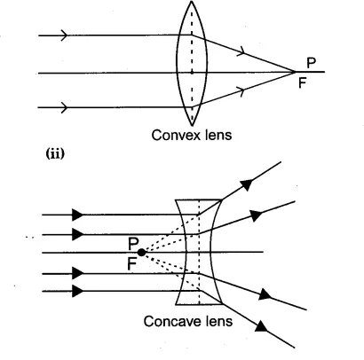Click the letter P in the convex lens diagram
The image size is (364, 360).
click(x=311, y=63)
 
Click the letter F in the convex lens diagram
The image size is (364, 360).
click(x=302, y=83)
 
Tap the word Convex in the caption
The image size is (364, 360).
click(x=173, y=135)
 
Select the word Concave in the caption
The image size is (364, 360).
click(x=170, y=321)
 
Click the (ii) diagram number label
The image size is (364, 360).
click(x=55, y=154)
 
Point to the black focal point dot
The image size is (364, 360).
click(x=142, y=253)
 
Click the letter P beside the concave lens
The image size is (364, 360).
click(x=133, y=244)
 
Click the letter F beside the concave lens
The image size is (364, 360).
click(x=132, y=264)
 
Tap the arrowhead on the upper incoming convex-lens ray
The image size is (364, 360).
click(x=64, y=35)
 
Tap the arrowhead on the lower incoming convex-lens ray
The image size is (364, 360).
click(x=64, y=107)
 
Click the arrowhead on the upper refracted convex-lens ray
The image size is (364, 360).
click(x=242, y=51)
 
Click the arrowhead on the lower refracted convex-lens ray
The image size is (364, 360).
click(x=242, y=90)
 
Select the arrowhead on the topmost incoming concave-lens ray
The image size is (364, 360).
click(x=78, y=215)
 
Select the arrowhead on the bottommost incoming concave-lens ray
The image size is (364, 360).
click(x=78, y=291)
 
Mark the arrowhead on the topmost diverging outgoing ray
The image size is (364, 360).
click(x=247, y=184)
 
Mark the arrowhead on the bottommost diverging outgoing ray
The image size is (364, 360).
click(x=261, y=326)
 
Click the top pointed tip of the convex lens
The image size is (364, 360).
click(x=192, y=2)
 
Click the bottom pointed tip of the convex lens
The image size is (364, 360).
click(x=192, y=124)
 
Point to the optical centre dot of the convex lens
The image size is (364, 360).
click(x=192, y=72)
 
